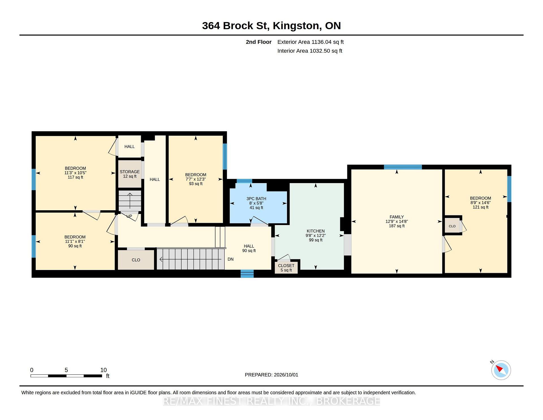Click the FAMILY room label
pyautogui.click(x=397, y=217)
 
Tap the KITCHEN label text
pyautogui.click(x=316, y=231)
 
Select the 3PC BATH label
pyautogui.click(x=256, y=199)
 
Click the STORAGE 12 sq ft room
pyautogui.click(x=130, y=174)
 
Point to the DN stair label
pyautogui.click(x=230, y=259)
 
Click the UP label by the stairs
pyautogui.click(x=129, y=216)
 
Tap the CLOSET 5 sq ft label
pyautogui.click(x=286, y=268)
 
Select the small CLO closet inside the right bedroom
pyautogui.click(x=452, y=226)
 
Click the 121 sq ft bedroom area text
pyautogui.click(x=480, y=207)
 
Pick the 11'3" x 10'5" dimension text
pyautogui.click(x=75, y=173)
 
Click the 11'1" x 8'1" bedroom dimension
pyautogui.click(x=75, y=241)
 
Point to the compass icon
pyautogui.click(x=501, y=370)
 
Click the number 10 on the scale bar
pyautogui.click(x=104, y=370)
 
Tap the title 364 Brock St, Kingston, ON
pyautogui.click(x=271, y=26)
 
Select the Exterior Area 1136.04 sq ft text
pyautogui.click(x=311, y=42)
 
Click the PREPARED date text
pyautogui.click(x=271, y=375)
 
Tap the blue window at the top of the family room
pyautogui.click(x=403, y=167)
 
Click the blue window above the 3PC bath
pyautogui.click(x=244, y=181)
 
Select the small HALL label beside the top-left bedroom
pyautogui.click(x=130, y=147)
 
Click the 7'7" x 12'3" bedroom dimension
pyautogui.click(x=196, y=179)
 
